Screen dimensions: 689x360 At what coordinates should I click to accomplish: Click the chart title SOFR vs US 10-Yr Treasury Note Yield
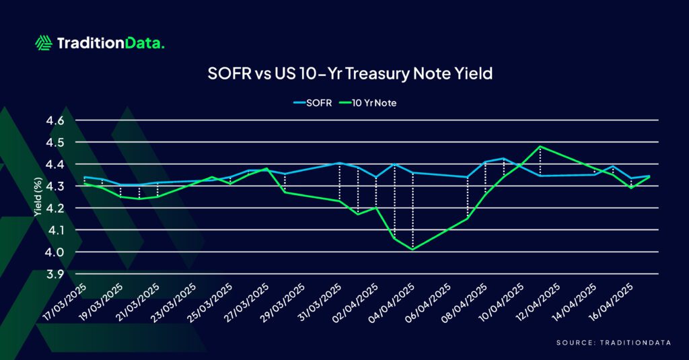pyautogui.click(x=350, y=73)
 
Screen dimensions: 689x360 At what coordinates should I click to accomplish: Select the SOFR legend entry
pyautogui.click(x=313, y=103)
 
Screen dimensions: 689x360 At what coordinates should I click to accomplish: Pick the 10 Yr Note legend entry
pyautogui.click(x=368, y=103)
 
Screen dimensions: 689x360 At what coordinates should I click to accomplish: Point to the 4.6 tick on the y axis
pyautogui.click(x=55, y=120)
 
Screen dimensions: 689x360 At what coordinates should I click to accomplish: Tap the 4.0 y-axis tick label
pyautogui.click(x=55, y=252)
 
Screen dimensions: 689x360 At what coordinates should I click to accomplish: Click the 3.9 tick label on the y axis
pyautogui.click(x=55, y=275)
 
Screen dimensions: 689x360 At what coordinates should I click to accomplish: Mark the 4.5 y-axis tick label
pyautogui.click(x=55, y=143)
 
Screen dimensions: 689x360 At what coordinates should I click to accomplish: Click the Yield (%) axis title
pyautogui.click(x=38, y=196)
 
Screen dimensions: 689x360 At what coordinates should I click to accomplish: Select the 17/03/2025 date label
pyautogui.click(x=66, y=302)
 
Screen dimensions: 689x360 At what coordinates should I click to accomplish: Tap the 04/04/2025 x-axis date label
pyautogui.click(x=392, y=302)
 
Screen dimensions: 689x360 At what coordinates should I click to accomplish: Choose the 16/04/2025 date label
pyautogui.click(x=611, y=302)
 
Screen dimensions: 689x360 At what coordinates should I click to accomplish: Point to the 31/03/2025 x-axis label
pyautogui.click(x=320, y=302)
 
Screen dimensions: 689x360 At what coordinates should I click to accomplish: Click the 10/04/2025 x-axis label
pyautogui.click(x=501, y=302)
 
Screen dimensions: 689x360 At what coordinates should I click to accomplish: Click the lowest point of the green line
pyautogui.click(x=412, y=250)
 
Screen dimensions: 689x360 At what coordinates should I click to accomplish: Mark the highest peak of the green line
pyautogui.click(x=540, y=147)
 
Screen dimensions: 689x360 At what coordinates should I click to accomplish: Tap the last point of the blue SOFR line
pyautogui.click(x=650, y=176)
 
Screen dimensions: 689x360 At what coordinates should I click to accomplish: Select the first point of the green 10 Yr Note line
pyautogui.click(x=84, y=183)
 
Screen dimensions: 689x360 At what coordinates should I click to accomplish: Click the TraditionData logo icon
pyautogui.click(x=44, y=43)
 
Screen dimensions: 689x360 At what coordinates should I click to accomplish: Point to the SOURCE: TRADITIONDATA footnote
pyautogui.click(x=614, y=343)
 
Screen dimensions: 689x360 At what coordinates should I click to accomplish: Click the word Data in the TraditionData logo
pyautogui.click(x=144, y=43)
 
